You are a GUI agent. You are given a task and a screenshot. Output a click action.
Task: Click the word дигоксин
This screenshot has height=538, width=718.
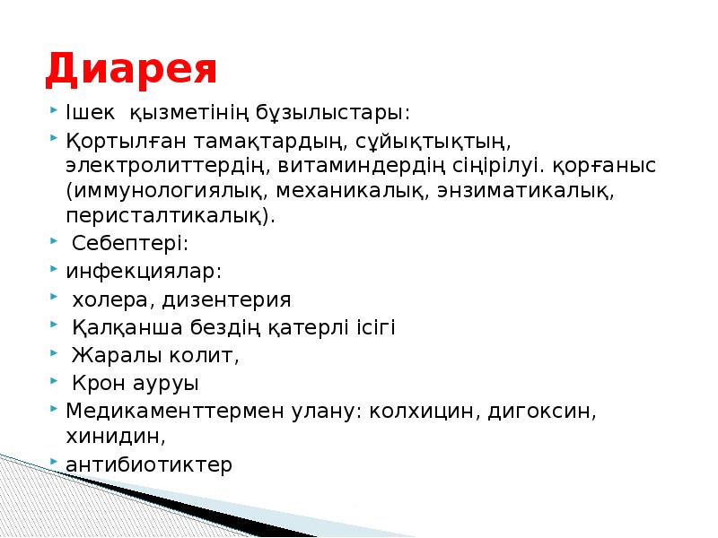tap(539, 412)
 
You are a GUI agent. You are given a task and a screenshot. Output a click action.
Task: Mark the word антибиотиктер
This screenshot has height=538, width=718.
tap(149, 464)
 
